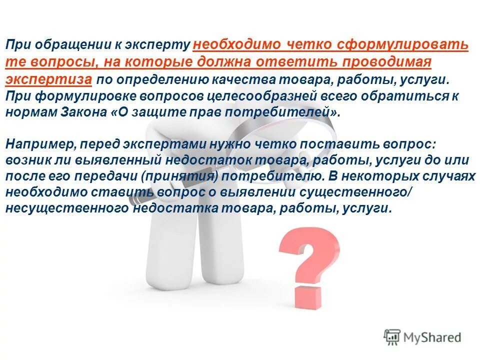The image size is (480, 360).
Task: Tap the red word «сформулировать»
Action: click(403, 44)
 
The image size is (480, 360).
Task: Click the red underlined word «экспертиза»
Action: click(48, 80)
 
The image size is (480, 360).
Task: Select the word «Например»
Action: click(37, 145)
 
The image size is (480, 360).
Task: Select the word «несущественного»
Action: click(67, 209)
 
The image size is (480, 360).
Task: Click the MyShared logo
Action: click(422, 337)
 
